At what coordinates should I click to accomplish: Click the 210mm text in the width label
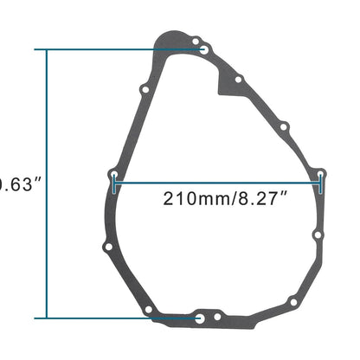[194, 197]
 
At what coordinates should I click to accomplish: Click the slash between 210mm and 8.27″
[228, 197]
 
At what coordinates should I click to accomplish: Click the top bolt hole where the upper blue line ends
[203, 49]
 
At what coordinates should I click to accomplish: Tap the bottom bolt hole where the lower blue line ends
[201, 318]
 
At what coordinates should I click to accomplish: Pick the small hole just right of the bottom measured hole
[219, 318]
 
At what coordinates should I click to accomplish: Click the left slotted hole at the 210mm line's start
[115, 180]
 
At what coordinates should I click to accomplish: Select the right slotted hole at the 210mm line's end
[321, 180]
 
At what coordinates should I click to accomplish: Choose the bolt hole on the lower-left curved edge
[107, 248]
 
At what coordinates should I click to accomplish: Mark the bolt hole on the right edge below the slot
[318, 235]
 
